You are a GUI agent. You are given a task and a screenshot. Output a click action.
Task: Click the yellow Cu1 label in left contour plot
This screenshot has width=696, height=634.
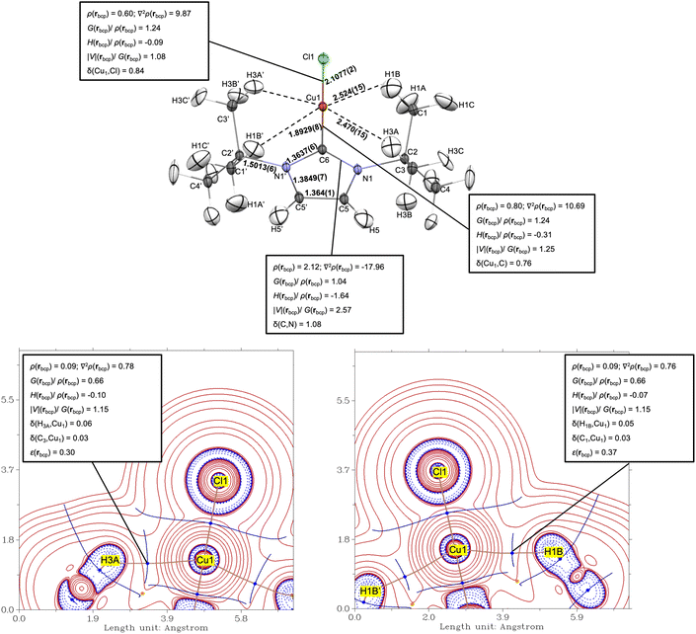click(206, 560)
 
